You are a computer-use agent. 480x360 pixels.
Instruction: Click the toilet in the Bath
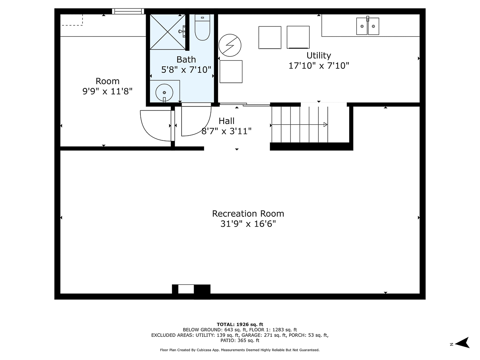click(202, 28)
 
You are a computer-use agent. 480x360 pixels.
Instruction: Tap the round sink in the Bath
click(164, 92)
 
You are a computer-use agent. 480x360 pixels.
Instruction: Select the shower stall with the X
click(168, 32)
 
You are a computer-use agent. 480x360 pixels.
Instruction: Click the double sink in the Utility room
click(368, 26)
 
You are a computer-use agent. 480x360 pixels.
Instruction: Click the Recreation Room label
click(248, 214)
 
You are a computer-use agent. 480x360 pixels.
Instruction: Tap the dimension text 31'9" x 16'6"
click(248, 224)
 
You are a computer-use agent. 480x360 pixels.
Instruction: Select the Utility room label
click(319, 56)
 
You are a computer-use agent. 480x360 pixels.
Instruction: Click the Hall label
click(226, 121)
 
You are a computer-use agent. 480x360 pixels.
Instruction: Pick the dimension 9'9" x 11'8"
click(107, 92)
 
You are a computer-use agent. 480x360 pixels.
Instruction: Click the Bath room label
click(186, 60)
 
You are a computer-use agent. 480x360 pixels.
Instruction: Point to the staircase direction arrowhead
click(326, 125)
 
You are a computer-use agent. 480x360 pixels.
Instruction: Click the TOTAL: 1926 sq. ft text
click(240, 324)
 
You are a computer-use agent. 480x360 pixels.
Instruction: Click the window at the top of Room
click(128, 11)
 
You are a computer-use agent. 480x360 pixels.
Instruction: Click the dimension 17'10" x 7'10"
click(319, 66)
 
